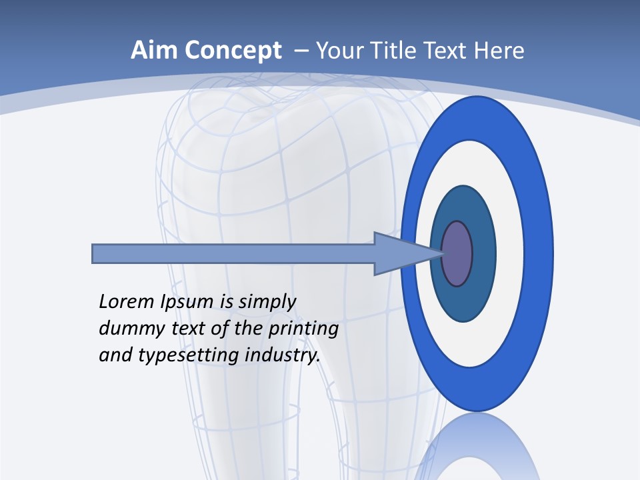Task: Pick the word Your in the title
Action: coord(339,51)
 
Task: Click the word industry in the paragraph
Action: coord(283,356)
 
